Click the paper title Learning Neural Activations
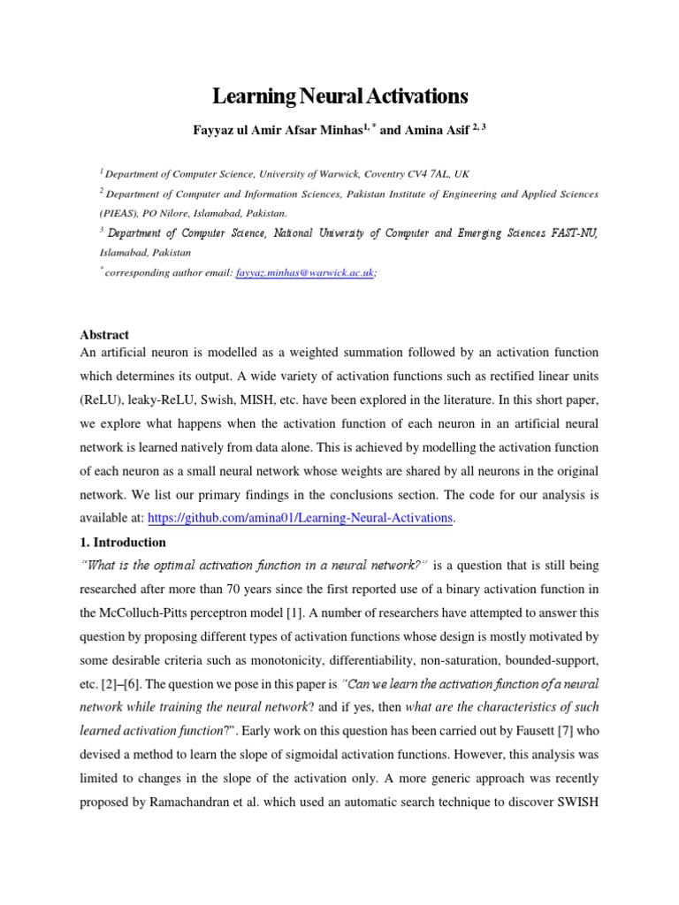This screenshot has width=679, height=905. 339,96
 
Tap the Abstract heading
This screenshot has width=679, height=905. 104,335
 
